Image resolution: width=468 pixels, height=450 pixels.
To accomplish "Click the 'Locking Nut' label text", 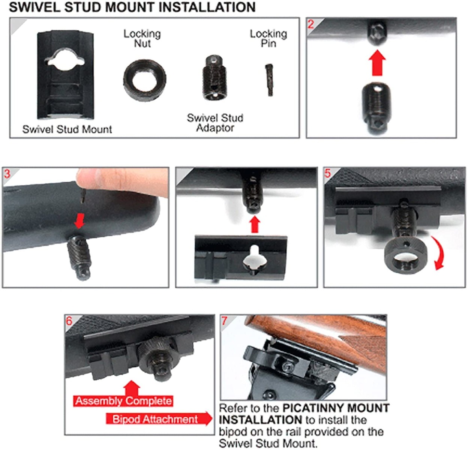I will coord(142,39).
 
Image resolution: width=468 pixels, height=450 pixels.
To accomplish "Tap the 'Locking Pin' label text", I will coord(268,39).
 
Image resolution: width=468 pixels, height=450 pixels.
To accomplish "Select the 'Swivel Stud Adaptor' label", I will coord(215,123).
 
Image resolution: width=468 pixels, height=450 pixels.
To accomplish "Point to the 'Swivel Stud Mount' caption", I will coord(67,129).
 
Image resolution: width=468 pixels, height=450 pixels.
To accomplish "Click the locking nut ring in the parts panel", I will coord(144,79).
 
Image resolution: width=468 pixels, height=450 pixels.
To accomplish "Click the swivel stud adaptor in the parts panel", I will coord(213,78).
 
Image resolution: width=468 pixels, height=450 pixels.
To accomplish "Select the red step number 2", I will coord(311,24).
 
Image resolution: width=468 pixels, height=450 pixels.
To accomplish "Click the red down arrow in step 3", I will coord(79,221).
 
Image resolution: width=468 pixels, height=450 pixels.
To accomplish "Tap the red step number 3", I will coord(7,174).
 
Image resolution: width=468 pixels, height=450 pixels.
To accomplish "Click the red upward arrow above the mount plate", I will coord(255,225).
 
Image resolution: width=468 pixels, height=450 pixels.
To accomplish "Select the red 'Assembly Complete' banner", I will coord(123,401).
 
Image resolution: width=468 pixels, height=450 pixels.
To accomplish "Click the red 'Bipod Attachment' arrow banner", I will coord(157,419).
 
